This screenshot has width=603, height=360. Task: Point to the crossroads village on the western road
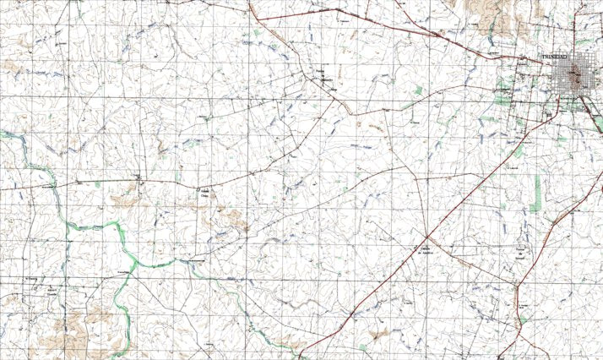(x=140, y=179)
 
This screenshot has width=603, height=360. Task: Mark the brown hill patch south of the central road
(x=232, y=221)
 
